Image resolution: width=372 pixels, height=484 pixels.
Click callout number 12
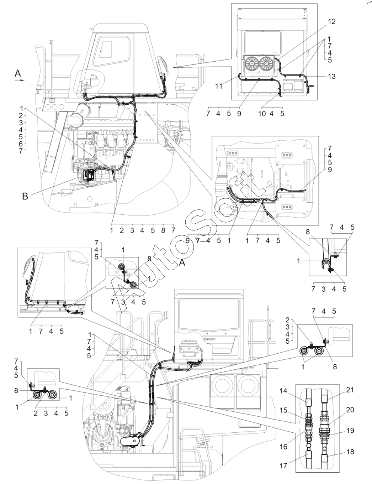(331, 21)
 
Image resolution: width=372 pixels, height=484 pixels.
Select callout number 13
(331, 76)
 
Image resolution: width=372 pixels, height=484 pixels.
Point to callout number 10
(262, 114)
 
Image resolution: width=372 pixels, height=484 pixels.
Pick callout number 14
(283, 391)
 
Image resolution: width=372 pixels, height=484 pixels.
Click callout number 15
(283, 411)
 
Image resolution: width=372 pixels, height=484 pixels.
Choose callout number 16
(283, 446)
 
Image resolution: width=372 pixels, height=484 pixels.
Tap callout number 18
(350, 452)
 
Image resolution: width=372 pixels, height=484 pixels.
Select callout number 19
(350, 431)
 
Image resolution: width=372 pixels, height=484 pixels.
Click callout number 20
(350, 410)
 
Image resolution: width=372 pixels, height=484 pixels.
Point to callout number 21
(350, 390)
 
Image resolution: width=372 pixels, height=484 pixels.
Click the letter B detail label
(25, 196)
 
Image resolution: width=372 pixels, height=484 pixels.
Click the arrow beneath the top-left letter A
(20, 81)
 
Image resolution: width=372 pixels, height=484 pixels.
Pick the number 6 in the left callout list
(21, 144)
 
